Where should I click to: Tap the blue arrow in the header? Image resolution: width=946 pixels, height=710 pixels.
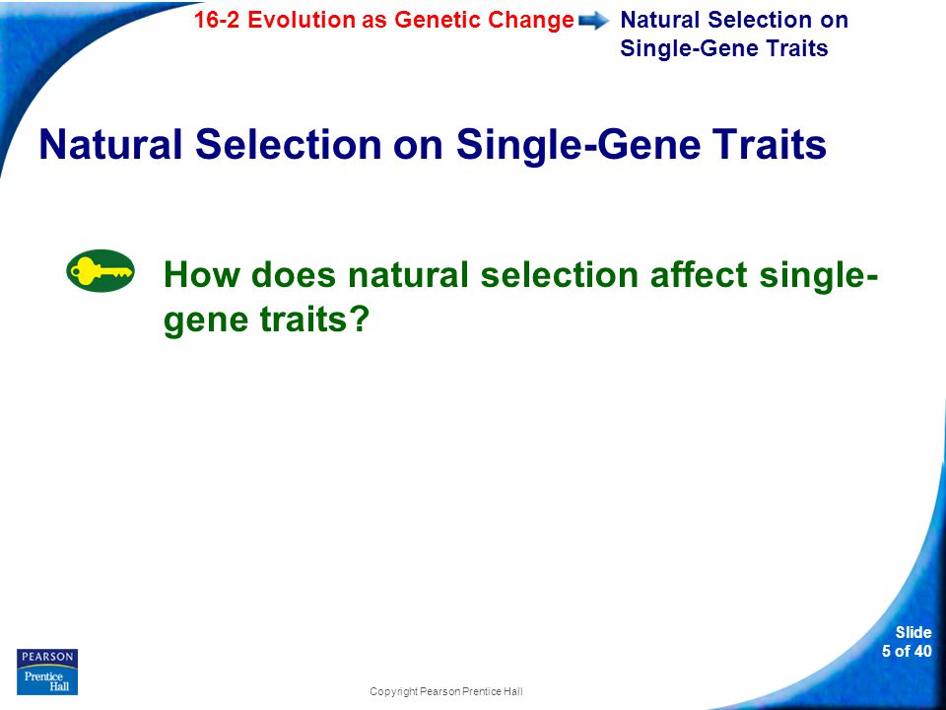tap(593, 22)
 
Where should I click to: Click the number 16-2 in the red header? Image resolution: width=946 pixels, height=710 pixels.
tap(217, 20)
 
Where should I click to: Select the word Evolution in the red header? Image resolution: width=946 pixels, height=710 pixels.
tap(302, 20)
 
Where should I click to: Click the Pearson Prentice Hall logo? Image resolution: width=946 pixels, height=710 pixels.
tap(47, 672)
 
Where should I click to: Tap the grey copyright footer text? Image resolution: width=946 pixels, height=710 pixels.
tap(445, 691)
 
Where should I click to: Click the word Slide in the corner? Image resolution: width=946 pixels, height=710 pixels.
tap(913, 632)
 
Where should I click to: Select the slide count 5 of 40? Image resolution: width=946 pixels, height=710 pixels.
tap(907, 651)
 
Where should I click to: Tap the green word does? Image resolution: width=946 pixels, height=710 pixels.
tap(294, 274)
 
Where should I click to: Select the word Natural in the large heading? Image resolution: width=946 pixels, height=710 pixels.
tap(110, 144)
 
